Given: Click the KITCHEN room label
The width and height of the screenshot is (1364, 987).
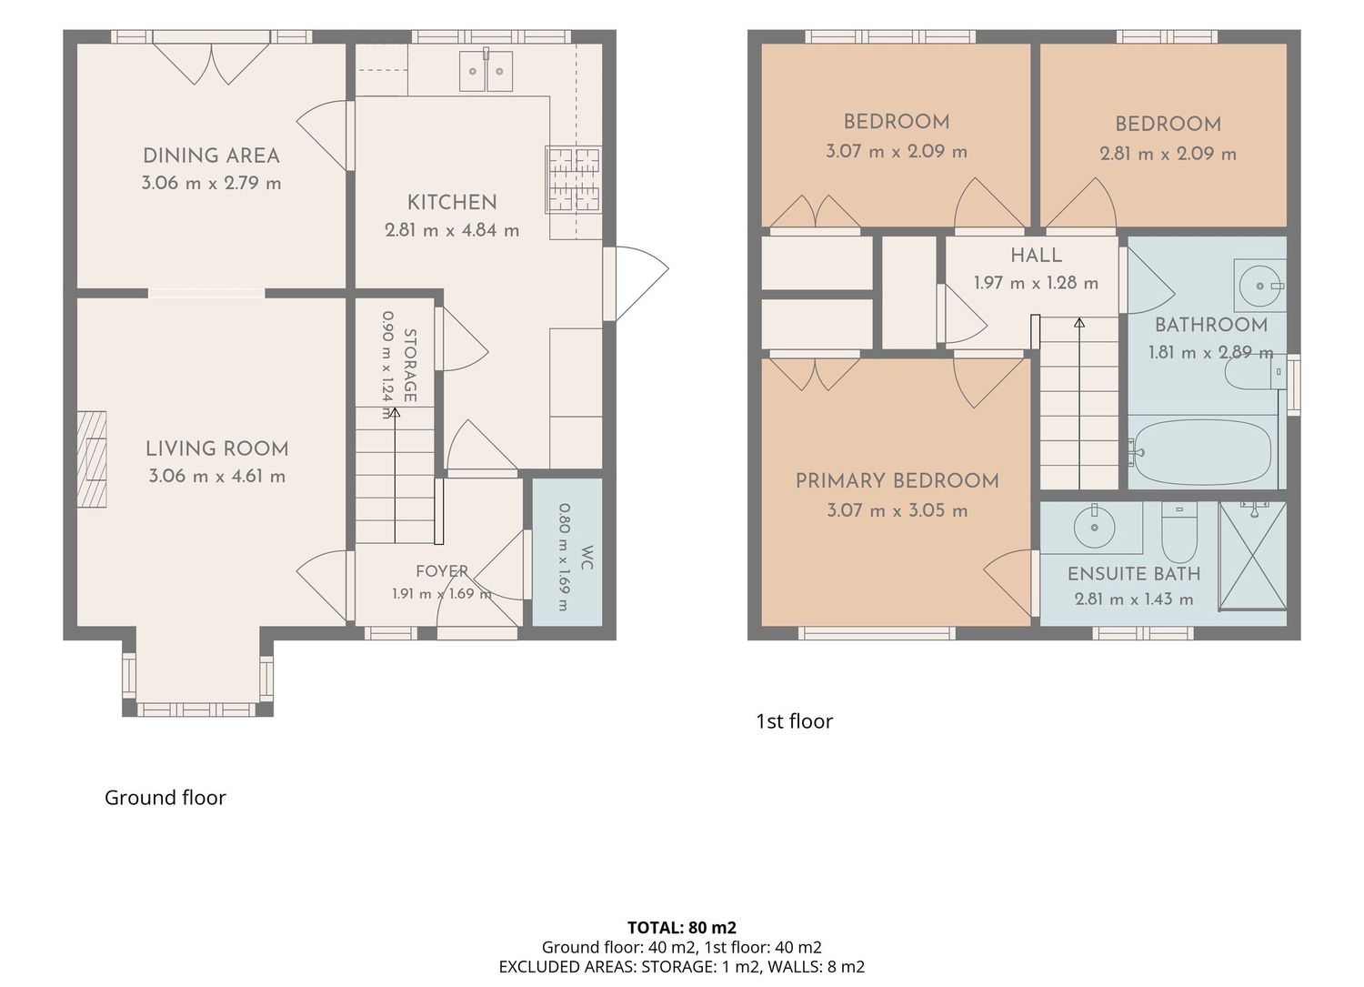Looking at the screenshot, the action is click(x=452, y=202).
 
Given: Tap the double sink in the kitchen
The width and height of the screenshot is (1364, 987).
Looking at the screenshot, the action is click(x=486, y=71).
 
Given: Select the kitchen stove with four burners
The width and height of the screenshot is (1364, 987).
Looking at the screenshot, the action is click(x=573, y=180).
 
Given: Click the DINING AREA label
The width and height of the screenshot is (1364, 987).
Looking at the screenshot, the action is click(x=211, y=156).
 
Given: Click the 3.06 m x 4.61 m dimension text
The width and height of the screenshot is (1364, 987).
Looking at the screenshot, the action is click(x=216, y=476).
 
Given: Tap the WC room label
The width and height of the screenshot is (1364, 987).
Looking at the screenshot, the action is click(x=587, y=558).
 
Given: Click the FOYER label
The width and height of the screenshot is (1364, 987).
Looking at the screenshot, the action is click(x=442, y=571).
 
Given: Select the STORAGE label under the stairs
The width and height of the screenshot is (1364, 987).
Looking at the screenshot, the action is click(x=410, y=366).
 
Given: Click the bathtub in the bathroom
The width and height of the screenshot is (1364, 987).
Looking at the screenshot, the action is click(x=1199, y=451).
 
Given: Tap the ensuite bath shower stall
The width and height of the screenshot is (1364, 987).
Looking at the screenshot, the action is click(x=1253, y=555).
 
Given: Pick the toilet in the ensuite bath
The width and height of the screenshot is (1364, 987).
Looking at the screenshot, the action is click(x=1179, y=532).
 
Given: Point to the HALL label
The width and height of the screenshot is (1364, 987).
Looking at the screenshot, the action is click(x=1036, y=256).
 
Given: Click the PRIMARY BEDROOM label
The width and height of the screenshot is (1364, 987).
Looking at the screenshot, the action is click(x=897, y=481).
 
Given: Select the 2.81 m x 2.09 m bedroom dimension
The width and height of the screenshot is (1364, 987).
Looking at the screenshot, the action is click(x=1168, y=154).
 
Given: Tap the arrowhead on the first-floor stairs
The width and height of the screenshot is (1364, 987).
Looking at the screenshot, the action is click(x=1079, y=323).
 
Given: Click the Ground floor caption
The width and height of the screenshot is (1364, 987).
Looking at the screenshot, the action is click(x=165, y=798).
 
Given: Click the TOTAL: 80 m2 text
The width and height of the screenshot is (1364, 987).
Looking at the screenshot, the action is click(x=682, y=927).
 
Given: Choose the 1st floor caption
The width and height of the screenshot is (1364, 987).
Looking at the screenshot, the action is click(x=794, y=721).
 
